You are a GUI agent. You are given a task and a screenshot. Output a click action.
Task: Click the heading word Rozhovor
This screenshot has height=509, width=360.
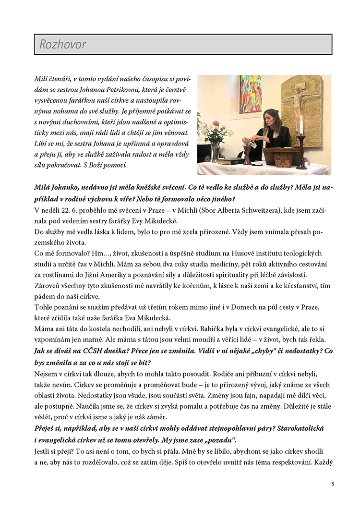point(63,45)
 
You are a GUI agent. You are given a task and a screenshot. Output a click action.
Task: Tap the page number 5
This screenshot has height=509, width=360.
point(333,484)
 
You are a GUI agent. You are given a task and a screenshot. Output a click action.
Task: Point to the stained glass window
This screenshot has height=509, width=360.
point(251,94)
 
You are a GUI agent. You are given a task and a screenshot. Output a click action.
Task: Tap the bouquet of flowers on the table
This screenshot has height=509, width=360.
point(215,134)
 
